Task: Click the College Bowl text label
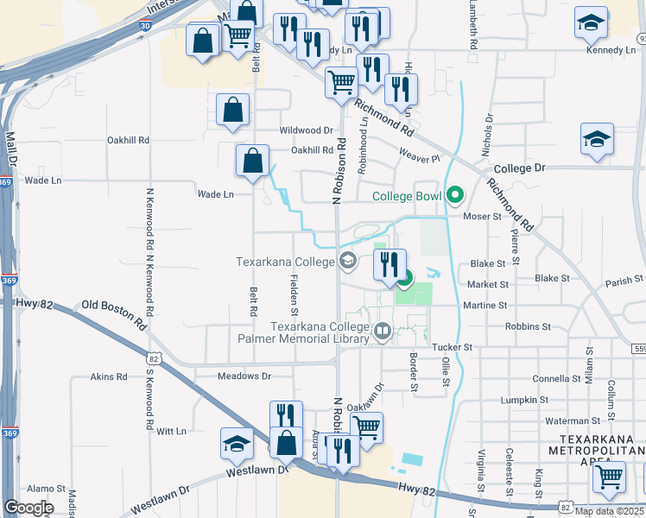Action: click(x=407, y=196)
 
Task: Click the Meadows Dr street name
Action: click(x=244, y=376)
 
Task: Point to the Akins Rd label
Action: click(x=110, y=377)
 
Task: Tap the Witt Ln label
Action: click(x=172, y=430)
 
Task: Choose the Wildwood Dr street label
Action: click(x=306, y=130)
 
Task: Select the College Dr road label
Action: click(x=519, y=169)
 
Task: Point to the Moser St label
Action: click(x=484, y=217)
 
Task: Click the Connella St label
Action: click(x=557, y=379)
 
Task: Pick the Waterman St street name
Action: click(x=567, y=420)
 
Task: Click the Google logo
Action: click(x=28, y=508)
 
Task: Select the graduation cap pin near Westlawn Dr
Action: click(x=237, y=443)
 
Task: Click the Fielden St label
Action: click(x=294, y=293)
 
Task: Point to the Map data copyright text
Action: click(x=609, y=511)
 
